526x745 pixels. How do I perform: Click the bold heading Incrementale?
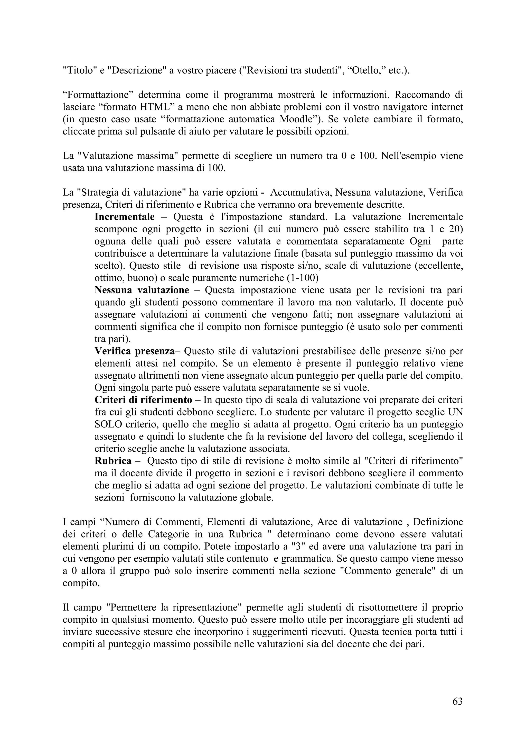tap(125, 217)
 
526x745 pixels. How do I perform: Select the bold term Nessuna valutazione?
tap(142, 290)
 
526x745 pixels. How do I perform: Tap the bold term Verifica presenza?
tap(135, 351)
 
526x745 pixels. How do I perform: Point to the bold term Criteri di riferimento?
tap(143, 400)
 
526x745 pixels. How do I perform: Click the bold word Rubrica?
tap(113, 461)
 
